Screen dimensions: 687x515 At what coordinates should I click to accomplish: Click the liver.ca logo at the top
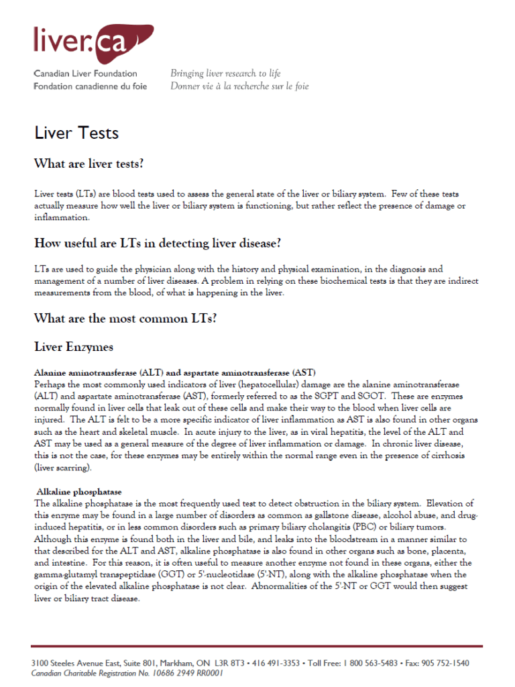93,42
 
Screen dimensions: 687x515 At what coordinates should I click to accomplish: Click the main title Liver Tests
76,133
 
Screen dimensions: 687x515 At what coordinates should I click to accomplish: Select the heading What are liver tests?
89,164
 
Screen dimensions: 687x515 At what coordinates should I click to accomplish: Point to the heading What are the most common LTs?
125,319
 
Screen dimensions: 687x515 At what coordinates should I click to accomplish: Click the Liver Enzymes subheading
74,347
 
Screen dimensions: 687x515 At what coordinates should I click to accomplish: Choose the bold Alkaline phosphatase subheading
79,492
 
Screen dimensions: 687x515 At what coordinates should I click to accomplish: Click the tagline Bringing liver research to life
225,74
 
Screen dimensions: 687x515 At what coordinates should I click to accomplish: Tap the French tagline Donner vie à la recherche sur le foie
239,87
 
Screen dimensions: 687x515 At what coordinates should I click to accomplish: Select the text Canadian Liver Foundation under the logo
85,74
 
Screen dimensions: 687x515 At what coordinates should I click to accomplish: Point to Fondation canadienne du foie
90,87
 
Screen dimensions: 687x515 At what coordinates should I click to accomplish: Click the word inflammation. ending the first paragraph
61,217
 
